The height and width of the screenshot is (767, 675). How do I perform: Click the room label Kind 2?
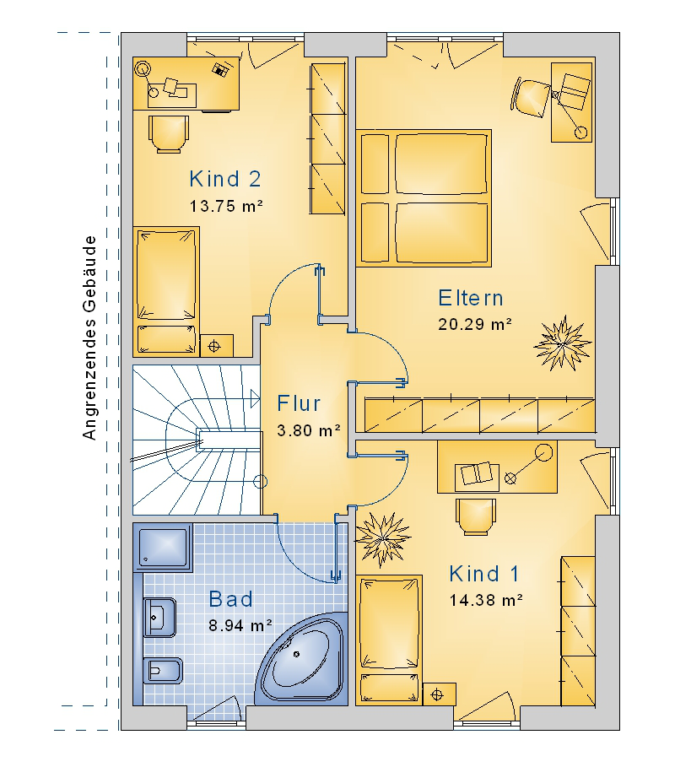(x=225, y=179)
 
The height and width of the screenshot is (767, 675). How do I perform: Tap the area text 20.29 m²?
(x=474, y=324)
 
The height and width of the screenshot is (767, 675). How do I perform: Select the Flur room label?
(x=299, y=403)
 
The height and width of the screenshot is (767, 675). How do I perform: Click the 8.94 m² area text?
(x=240, y=625)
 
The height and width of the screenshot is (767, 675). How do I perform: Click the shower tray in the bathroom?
(x=164, y=547)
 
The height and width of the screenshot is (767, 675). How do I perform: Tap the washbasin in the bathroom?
(x=159, y=618)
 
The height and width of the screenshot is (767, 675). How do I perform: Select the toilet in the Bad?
(x=162, y=671)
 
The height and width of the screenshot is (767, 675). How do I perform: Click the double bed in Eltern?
(x=424, y=198)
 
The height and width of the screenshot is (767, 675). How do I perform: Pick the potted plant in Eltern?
(x=562, y=343)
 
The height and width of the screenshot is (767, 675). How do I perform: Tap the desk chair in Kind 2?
(x=169, y=134)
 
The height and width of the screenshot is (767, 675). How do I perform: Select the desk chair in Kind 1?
(x=475, y=516)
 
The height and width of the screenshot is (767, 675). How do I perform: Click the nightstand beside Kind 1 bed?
(x=440, y=694)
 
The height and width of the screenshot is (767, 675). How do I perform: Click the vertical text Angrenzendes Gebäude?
(x=89, y=338)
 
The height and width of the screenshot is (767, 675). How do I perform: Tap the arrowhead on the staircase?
(x=255, y=398)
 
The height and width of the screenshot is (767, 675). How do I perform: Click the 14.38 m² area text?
(x=486, y=600)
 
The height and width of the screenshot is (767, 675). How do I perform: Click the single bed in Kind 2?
(x=166, y=290)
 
